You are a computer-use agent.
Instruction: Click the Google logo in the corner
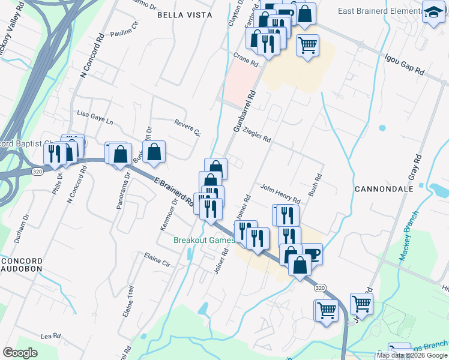[20, 353]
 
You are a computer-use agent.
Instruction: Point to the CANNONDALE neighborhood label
[384, 188]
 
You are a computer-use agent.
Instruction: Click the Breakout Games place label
[204, 240]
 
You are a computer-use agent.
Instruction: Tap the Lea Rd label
[51, 337]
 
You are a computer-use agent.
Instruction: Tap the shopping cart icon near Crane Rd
[307, 45]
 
